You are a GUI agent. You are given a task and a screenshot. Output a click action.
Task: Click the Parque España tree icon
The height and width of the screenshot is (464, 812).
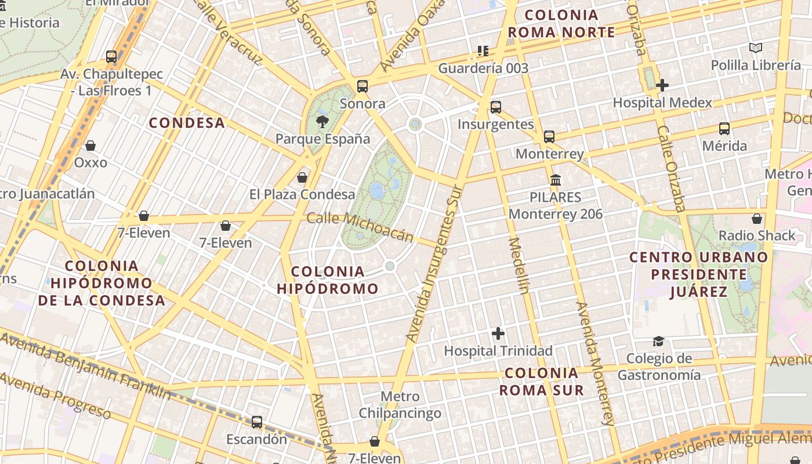[321, 122]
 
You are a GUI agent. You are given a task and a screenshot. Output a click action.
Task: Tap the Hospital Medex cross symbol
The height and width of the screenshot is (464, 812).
[662, 85]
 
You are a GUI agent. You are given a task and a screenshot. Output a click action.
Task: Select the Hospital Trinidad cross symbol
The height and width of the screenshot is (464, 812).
[498, 333]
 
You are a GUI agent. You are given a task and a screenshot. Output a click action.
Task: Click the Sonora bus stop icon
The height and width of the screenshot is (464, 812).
[362, 86]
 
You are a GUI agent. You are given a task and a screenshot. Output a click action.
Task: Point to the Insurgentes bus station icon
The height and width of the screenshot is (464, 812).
[495, 107]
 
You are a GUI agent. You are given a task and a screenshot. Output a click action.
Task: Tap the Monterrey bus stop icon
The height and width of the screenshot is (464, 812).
[549, 137]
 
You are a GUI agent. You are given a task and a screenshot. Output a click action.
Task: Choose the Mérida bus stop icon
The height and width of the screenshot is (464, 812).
[724, 129]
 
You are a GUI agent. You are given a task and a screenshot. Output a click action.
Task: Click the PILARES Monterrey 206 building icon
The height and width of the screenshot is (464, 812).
[556, 180]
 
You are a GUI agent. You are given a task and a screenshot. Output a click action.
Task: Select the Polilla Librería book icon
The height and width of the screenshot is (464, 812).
[755, 48]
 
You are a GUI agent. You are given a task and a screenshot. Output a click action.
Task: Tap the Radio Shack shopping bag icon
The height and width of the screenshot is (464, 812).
[756, 219]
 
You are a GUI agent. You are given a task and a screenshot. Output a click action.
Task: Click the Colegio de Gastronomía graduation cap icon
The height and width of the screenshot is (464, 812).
[658, 341]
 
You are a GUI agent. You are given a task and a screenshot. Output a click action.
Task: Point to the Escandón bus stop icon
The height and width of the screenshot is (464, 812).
[256, 422]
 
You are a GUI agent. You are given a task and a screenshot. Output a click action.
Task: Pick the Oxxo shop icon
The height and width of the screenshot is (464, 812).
[90, 146]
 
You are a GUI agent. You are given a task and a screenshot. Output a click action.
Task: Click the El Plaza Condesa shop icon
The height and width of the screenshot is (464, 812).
[302, 177]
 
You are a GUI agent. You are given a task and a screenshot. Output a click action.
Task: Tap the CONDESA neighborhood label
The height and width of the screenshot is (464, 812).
[187, 123]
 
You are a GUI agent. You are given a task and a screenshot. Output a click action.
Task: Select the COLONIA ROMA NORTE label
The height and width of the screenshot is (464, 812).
[561, 24]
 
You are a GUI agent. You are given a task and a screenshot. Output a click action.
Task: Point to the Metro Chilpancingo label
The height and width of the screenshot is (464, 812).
[400, 405]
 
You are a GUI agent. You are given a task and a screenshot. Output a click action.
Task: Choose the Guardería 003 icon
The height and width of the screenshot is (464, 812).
[483, 51]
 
